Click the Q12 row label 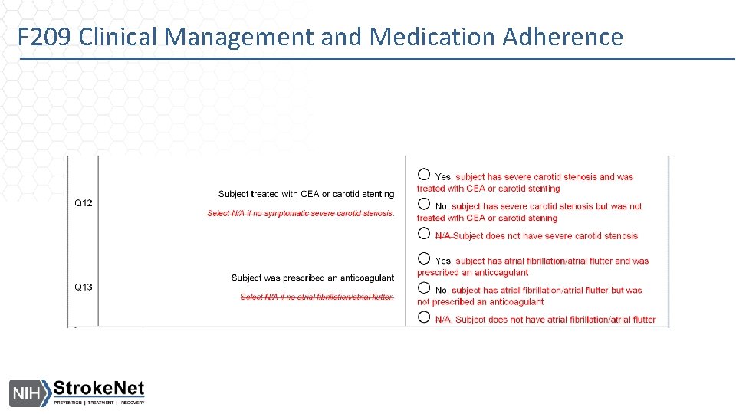coord(83,203)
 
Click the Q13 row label coord(83,287)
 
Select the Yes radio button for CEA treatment coord(424,175)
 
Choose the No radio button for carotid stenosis coord(424,204)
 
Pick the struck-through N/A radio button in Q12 coord(424,234)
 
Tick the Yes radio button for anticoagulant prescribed coord(424,258)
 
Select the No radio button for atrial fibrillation coord(424,288)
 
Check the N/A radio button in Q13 coord(424,317)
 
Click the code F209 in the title coord(47,36)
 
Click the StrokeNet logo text coord(98,388)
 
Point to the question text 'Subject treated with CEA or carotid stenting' coord(306,194)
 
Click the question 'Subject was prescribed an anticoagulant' coord(312,278)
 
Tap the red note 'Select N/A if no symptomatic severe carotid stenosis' coord(300,213)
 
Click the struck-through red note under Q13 coord(317,297)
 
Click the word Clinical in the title coord(122,36)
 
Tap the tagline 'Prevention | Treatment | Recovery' coord(98,402)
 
